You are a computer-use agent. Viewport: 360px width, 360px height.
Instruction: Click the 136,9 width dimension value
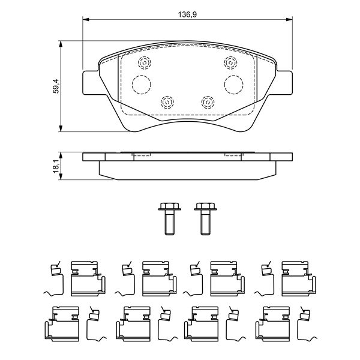pos(187,14)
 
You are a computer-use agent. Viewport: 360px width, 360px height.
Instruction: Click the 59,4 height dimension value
pos(56,86)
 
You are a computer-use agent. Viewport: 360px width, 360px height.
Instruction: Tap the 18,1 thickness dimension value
pos(56,166)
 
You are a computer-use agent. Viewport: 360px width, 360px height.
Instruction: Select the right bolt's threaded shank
pos(205,223)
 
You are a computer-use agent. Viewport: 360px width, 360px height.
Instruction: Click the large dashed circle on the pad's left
pos(142,85)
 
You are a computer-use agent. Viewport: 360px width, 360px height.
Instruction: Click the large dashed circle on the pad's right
pos(234,85)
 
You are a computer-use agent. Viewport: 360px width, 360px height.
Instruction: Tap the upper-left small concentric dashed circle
pos(145,62)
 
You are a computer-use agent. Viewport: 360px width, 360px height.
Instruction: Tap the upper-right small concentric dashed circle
pos(231,62)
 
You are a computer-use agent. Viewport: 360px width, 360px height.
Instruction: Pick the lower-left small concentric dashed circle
pos(167,102)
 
